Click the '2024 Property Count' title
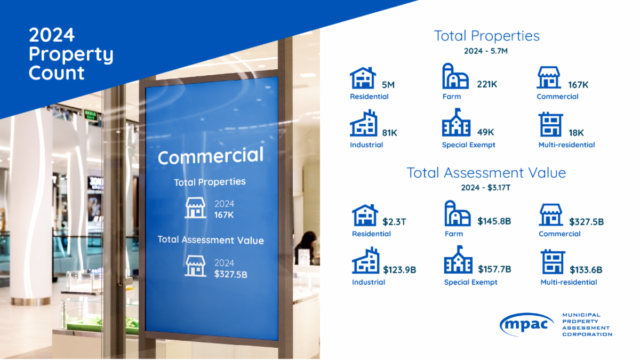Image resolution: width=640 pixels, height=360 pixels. point(70,54)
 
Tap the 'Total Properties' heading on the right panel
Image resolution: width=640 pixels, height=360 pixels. point(486,36)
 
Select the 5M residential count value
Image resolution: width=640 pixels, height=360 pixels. point(388,84)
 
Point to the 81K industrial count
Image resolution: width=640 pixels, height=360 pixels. point(389,132)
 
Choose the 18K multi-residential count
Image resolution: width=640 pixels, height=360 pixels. point(576,132)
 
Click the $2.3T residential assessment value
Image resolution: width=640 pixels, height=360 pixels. point(394,221)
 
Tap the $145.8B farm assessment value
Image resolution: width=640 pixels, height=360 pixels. point(494,221)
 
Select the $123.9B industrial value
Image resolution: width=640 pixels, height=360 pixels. point(399,269)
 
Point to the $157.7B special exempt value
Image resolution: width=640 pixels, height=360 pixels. point(494,269)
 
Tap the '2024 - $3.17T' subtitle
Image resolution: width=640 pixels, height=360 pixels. point(486,188)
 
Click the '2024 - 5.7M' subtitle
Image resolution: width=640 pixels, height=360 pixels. point(486,51)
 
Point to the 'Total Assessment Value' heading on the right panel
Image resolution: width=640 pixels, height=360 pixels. point(486,173)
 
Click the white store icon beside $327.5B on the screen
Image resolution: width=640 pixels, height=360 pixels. point(195,266)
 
